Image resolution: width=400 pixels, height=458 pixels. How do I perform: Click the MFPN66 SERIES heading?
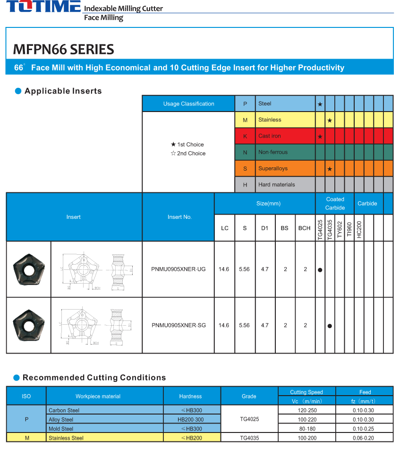(x=63, y=49)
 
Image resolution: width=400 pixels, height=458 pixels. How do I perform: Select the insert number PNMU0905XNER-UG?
(x=179, y=269)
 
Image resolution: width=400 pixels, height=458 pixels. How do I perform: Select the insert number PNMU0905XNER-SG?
(x=179, y=325)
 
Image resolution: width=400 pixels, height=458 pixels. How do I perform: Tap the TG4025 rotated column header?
(x=320, y=229)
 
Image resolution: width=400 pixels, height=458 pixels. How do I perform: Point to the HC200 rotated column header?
(x=359, y=229)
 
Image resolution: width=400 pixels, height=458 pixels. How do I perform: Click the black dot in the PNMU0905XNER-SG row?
(x=330, y=326)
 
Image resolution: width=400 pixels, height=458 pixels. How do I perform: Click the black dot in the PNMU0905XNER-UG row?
(x=320, y=270)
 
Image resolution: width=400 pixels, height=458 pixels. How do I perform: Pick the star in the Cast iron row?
(x=320, y=137)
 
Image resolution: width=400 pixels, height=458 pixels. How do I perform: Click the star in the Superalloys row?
(x=330, y=169)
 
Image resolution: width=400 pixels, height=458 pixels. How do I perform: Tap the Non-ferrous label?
(x=272, y=152)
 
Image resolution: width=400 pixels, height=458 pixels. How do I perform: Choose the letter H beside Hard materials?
(x=245, y=185)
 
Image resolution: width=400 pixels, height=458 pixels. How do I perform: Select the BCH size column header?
(x=305, y=228)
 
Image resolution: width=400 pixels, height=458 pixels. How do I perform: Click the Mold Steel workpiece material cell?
(x=61, y=429)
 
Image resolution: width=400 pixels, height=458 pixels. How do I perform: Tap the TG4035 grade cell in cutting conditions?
(x=249, y=438)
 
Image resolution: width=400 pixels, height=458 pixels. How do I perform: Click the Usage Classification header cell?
(x=188, y=104)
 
